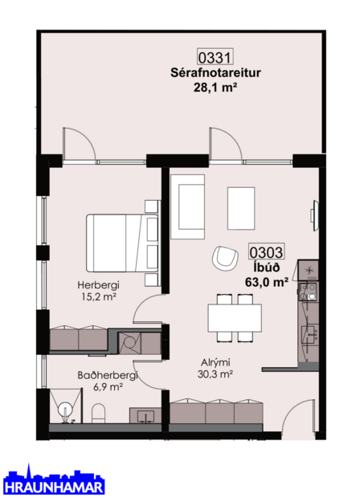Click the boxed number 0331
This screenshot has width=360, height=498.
click(215, 57)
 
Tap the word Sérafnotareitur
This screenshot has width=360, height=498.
click(216, 73)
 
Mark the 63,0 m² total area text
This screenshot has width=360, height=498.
click(267, 282)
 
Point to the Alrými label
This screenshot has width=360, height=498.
click(215, 361)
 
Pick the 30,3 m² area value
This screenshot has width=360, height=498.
click(215, 373)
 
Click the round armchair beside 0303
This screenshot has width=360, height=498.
click(223, 259)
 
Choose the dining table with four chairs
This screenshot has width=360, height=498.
click(234, 316)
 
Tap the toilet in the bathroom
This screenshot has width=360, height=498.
click(98, 414)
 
